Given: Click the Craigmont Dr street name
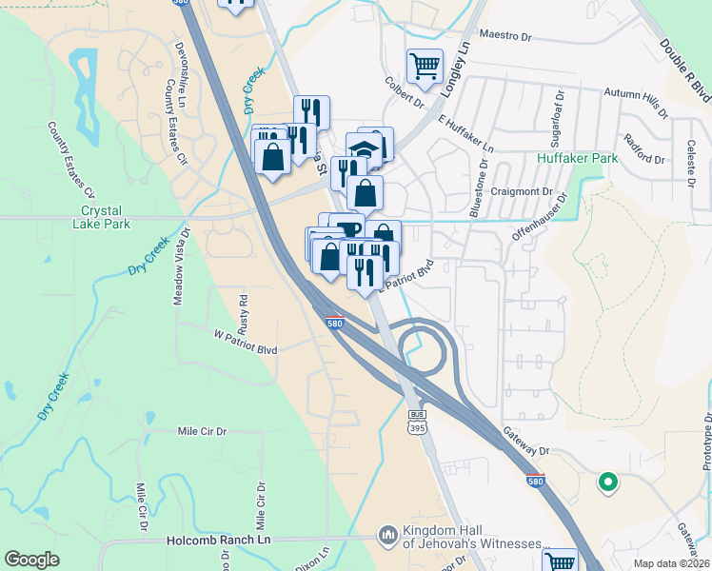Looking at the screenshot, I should (523, 191).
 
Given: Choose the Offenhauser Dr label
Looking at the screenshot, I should (542, 219).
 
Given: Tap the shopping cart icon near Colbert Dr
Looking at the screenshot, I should (425, 66).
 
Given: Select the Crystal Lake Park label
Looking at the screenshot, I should (104, 217).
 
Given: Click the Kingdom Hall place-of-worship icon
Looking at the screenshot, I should (386, 537).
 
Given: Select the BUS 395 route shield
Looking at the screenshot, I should (416, 422).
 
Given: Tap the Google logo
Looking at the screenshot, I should (31, 560).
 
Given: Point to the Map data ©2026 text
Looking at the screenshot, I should (670, 563).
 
